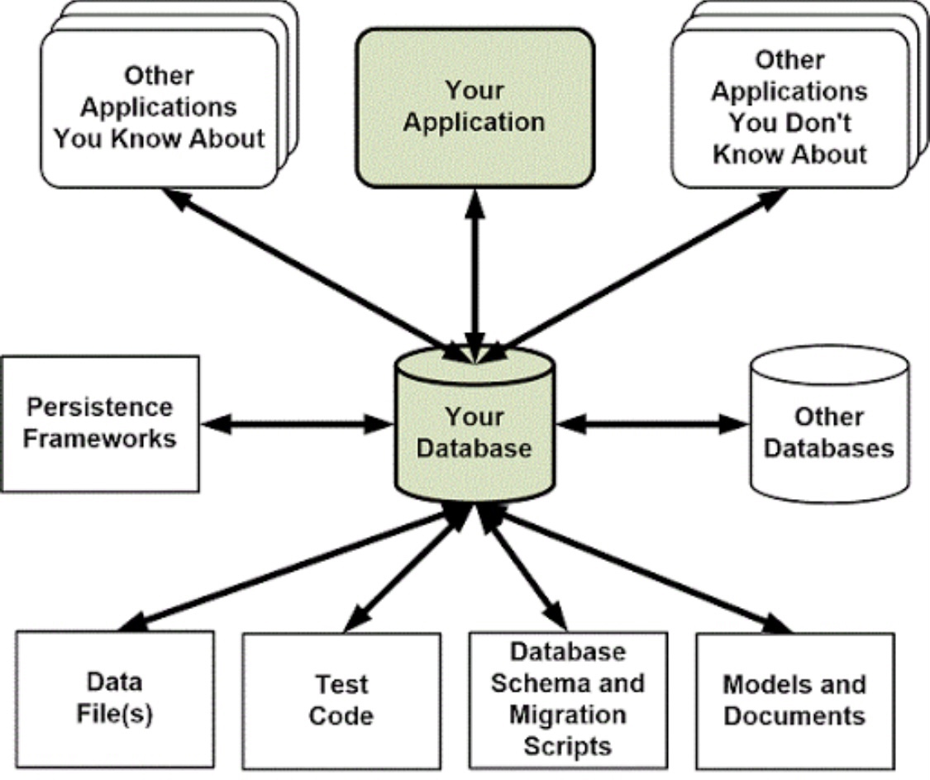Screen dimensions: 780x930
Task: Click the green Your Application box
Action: (x=475, y=107)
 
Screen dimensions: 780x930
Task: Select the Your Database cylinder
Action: (x=475, y=430)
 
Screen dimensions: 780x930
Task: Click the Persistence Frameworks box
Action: (x=100, y=423)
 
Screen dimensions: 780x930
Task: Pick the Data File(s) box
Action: (x=115, y=699)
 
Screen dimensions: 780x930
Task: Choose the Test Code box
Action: (x=341, y=701)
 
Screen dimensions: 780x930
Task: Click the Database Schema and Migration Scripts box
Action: (x=568, y=700)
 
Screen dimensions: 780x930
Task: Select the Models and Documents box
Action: (x=794, y=699)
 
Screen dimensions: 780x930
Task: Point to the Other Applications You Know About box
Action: (x=160, y=107)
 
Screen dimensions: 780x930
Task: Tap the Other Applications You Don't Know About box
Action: (x=789, y=107)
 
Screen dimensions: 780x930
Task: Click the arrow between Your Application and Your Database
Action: (x=475, y=273)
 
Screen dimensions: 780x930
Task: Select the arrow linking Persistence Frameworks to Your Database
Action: (x=295, y=425)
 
